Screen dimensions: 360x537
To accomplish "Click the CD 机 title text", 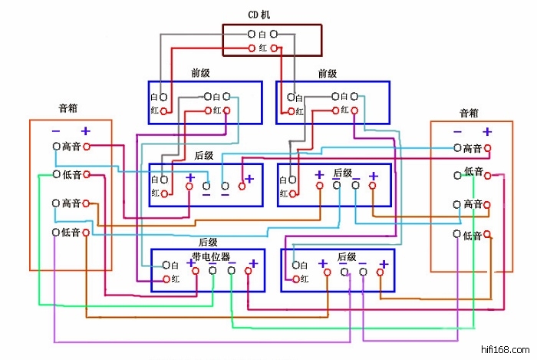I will [259, 15].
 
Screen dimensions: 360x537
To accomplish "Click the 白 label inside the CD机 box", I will [262, 35].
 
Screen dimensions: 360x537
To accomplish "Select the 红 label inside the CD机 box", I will [263, 48].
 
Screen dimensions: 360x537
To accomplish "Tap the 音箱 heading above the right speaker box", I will [469, 113].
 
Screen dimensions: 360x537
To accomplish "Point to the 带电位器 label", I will [211, 256].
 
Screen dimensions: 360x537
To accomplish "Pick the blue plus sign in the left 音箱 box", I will [86, 130].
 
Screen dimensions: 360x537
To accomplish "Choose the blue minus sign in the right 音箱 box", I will [458, 131].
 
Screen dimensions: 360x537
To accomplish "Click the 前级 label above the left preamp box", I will [201, 74].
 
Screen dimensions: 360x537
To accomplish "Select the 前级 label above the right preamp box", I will [328, 74].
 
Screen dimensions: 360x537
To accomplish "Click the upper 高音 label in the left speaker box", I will [71, 147].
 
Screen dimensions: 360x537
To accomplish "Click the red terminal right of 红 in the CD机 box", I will [275, 48].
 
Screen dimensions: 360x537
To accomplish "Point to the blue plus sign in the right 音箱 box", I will [486, 131].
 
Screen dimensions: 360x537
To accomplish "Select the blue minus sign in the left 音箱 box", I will [56, 130].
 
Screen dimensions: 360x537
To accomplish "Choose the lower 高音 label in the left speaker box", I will [71, 203].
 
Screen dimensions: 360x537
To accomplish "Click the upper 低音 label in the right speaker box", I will [473, 172].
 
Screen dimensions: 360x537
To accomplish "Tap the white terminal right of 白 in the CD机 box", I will [274, 35].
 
